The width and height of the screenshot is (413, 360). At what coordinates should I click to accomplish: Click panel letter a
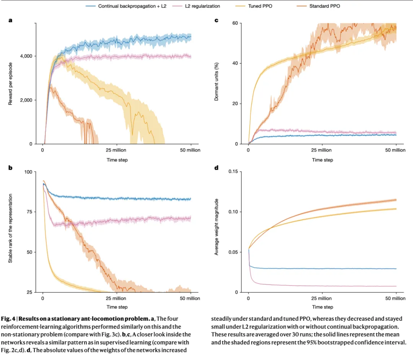tap(10, 20)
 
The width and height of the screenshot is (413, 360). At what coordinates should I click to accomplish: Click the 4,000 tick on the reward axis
tap(26, 56)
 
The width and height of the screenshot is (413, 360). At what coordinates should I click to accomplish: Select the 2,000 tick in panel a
tap(26, 100)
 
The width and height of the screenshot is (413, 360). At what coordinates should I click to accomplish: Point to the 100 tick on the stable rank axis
tap(28, 172)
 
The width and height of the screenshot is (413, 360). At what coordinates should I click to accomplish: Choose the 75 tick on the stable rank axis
tap(29, 212)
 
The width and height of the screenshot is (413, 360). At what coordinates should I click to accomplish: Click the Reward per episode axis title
tap(11, 83)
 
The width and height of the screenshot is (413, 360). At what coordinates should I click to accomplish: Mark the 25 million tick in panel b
tap(117, 298)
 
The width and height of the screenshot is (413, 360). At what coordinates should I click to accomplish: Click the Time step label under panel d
tap(322, 307)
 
